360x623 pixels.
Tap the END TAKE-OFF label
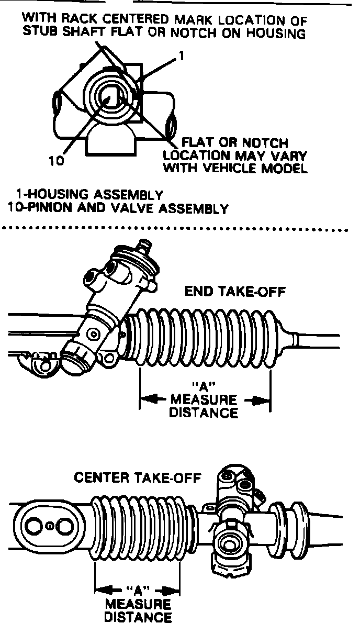[235, 292]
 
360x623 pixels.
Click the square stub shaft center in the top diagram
[113, 97]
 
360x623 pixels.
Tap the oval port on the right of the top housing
[171, 127]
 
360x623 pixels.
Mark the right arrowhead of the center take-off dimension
[174, 592]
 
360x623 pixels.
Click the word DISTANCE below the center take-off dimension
[138, 617]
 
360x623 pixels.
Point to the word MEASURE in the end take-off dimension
[205, 400]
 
